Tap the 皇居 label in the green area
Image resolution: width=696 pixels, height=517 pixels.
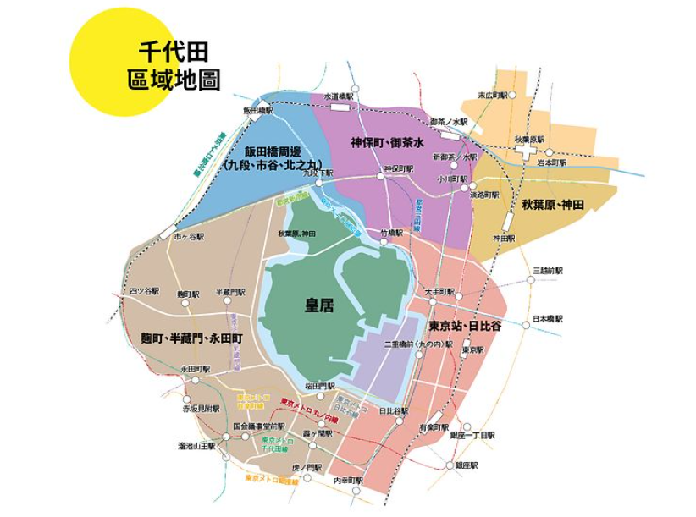tap(318, 305)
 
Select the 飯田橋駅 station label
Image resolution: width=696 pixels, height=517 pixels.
tap(258, 110)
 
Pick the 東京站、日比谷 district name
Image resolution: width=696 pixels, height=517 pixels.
tap(465, 326)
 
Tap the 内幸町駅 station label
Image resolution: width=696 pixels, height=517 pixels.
tap(347, 481)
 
